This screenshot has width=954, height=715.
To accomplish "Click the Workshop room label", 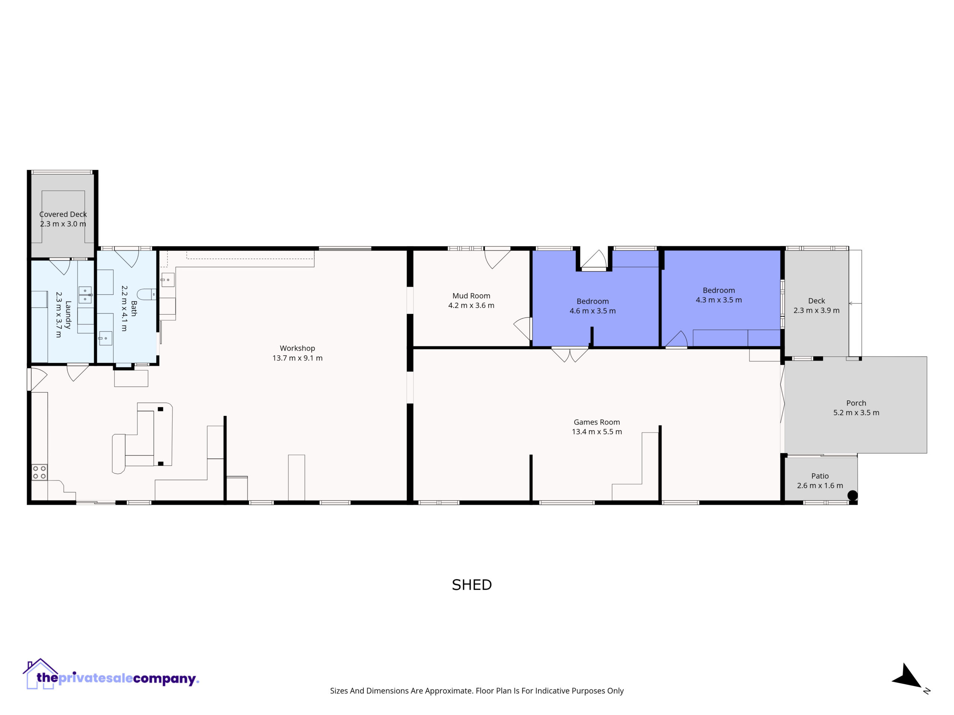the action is [297, 348].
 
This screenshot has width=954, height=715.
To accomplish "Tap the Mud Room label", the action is [471, 296].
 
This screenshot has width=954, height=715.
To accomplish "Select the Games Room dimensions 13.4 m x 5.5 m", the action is [597, 432].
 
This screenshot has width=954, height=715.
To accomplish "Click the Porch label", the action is [856, 403].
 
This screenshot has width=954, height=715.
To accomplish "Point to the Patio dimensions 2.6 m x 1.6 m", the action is [820, 486].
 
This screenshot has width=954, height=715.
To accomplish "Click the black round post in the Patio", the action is [853, 496].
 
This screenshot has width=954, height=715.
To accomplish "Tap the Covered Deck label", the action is [63, 214].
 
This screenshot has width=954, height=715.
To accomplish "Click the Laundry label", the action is [68, 315].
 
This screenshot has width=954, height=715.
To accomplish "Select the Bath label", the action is [134, 309].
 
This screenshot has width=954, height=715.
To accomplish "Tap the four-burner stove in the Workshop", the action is [40, 472].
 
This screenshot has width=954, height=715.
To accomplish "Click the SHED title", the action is [472, 585].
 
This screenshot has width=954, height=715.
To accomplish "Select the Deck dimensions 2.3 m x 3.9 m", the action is [816, 310].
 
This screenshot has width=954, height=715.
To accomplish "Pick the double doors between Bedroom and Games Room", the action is [570, 355].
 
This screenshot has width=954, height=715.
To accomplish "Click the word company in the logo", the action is [164, 679].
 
